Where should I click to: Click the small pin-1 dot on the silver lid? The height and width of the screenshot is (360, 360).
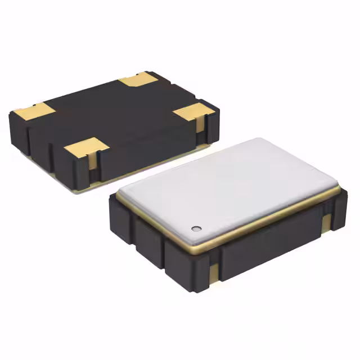click(196, 228)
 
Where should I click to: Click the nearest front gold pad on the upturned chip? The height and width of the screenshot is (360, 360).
click(85, 147)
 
